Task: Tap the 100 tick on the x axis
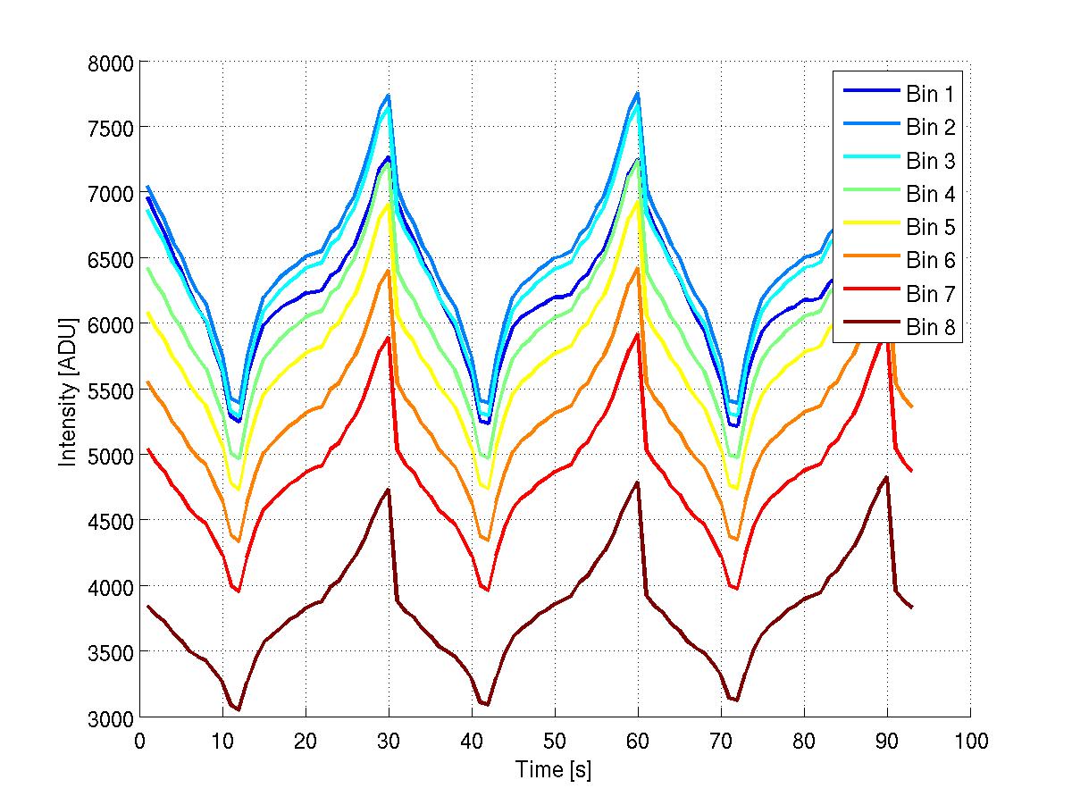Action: [970, 742]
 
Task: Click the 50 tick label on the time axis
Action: [555, 742]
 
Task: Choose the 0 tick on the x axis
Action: [139, 742]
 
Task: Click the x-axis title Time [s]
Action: [554, 769]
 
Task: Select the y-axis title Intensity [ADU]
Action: [68, 390]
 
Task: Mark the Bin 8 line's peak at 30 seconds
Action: [389, 490]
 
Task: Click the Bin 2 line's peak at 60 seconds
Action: [638, 93]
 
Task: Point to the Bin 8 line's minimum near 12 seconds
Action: [239, 710]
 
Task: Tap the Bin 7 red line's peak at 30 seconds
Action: [389, 337]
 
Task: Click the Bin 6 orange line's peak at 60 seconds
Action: [638, 268]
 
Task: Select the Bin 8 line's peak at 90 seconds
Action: [886, 477]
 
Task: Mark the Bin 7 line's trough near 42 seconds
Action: [488, 590]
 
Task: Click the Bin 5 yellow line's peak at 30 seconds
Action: [389, 203]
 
